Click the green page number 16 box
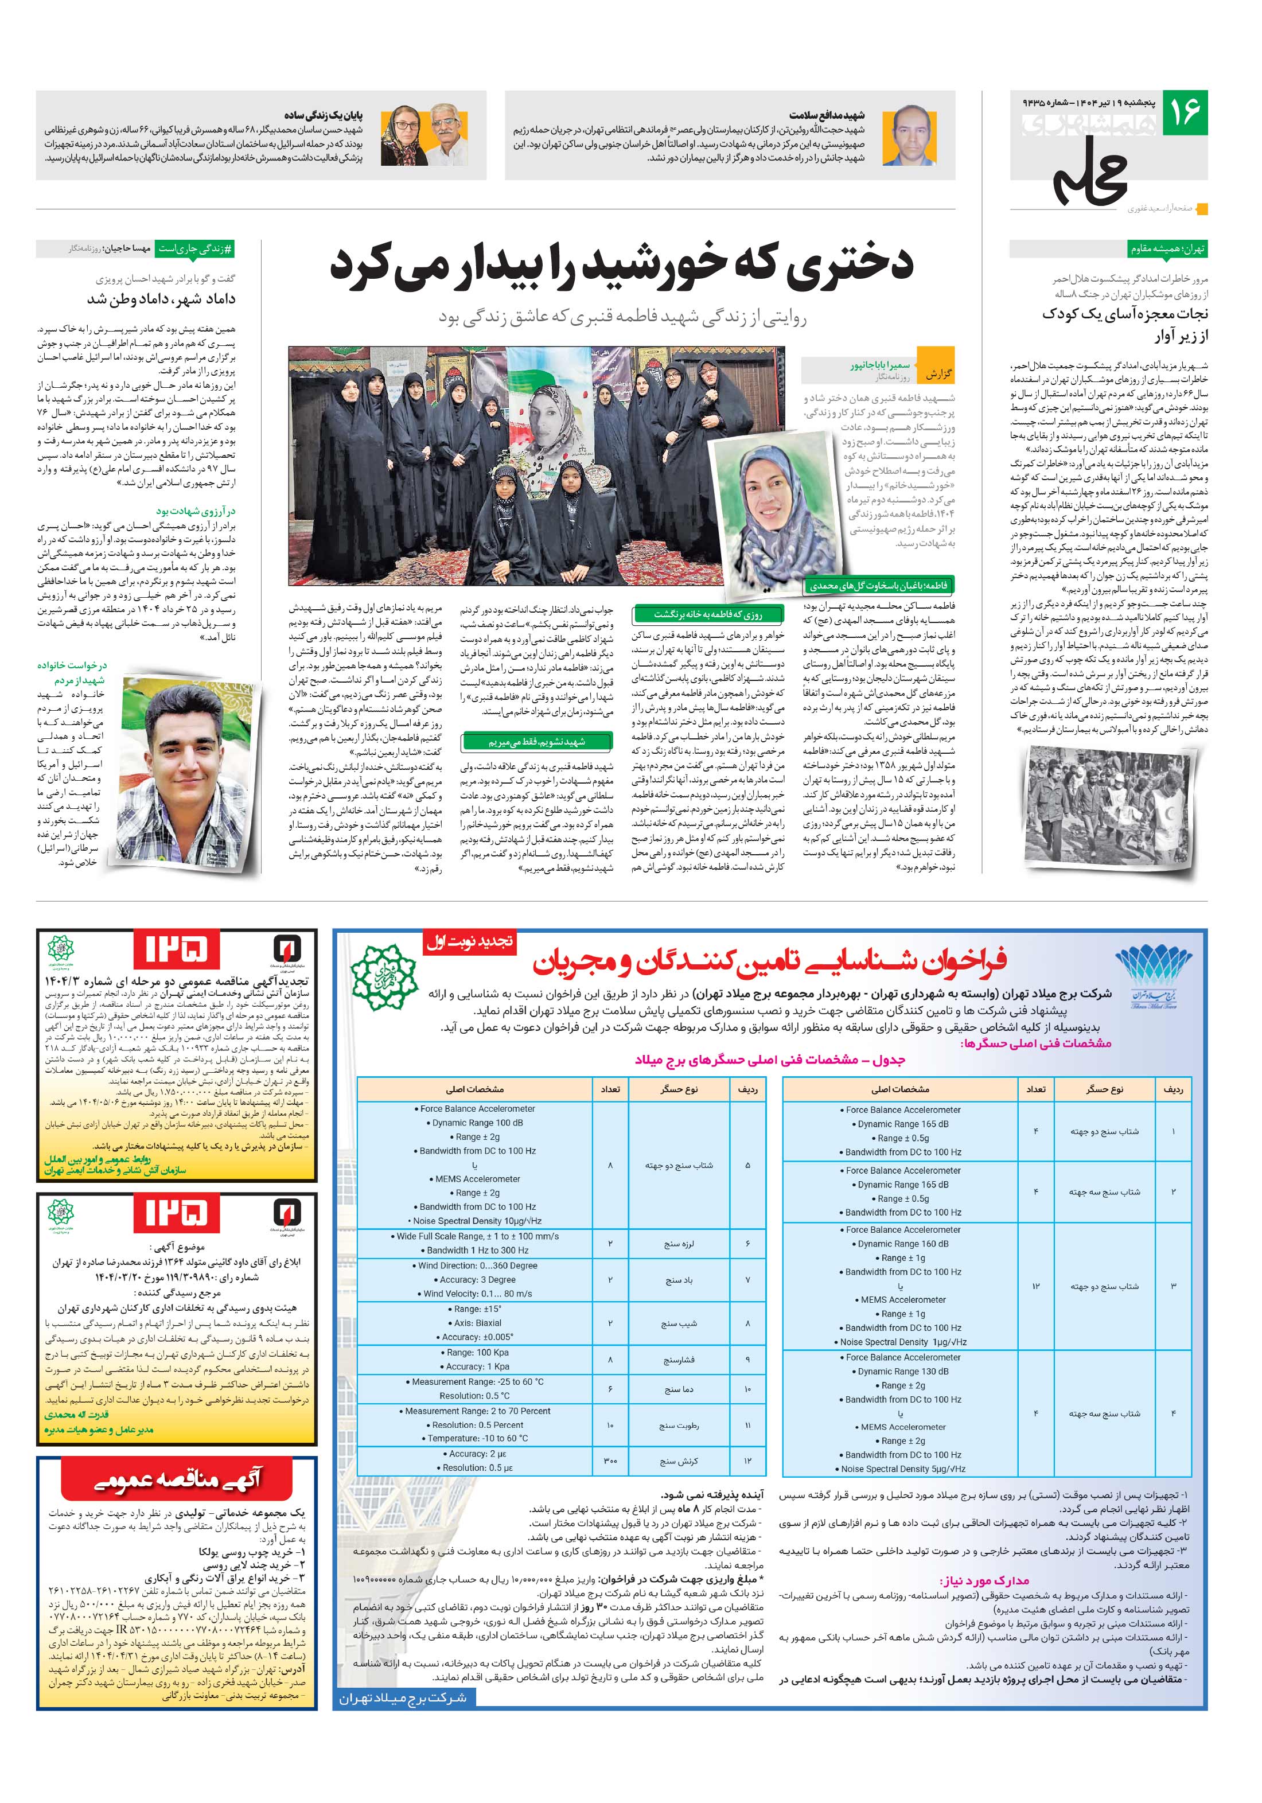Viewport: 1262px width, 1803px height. coord(1184,112)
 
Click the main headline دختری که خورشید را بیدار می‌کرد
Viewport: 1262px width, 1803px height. coord(621,264)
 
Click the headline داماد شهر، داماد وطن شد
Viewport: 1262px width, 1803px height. coord(161,299)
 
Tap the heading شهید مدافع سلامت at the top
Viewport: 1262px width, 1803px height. coord(826,115)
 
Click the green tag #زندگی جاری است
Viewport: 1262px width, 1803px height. coord(196,248)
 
